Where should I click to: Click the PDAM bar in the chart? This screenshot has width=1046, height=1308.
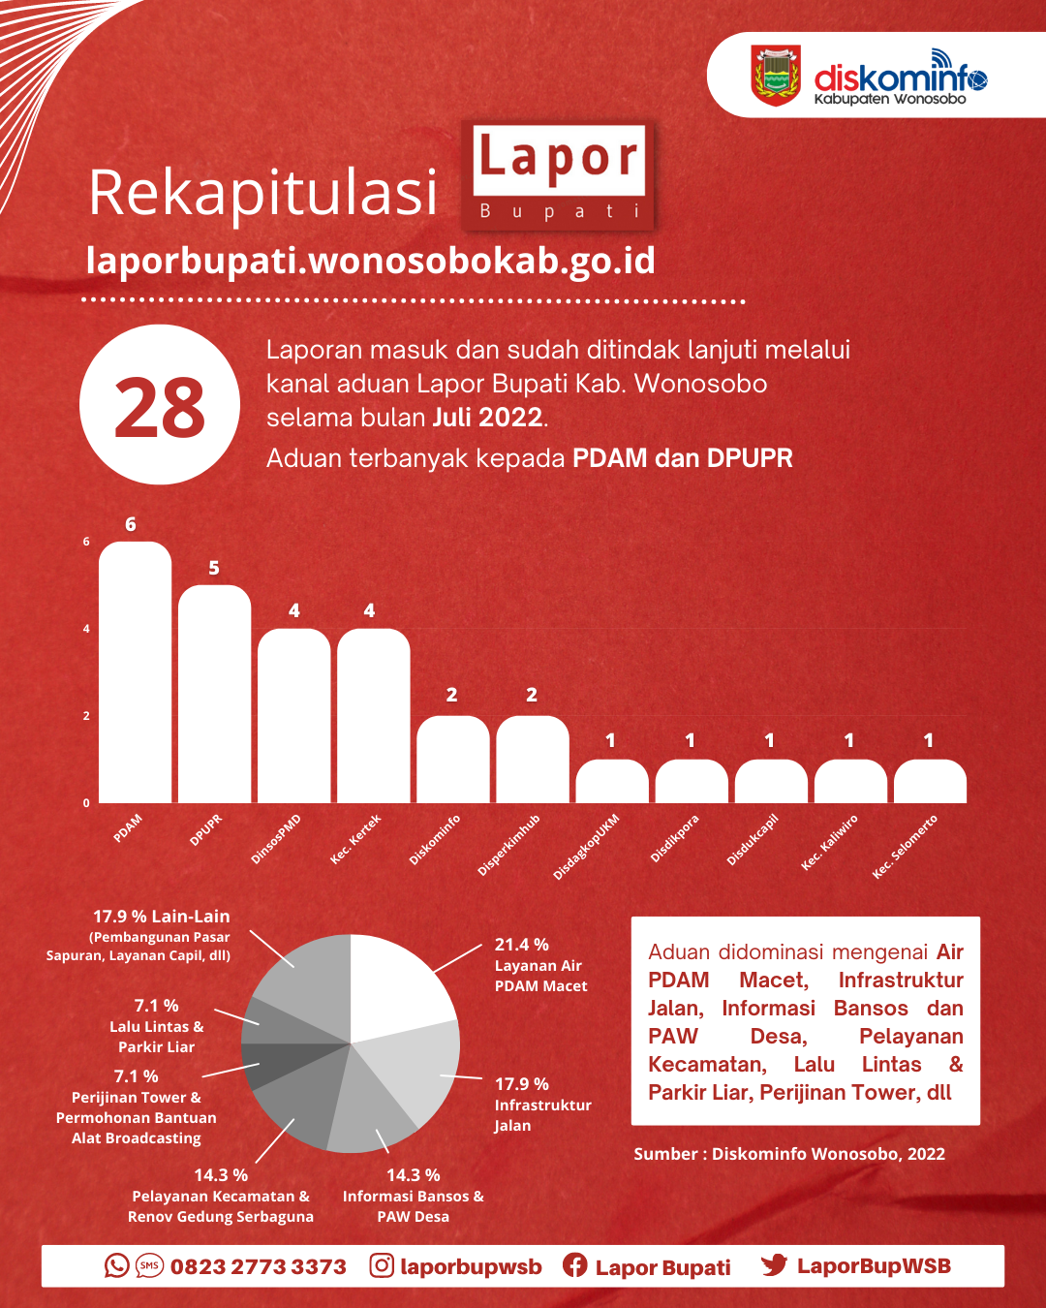click(x=135, y=672)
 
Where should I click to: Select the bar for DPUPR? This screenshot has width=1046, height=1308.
click(x=215, y=694)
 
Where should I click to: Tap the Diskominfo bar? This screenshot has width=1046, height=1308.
click(x=453, y=760)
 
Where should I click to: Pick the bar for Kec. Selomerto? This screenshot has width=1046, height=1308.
click(x=930, y=782)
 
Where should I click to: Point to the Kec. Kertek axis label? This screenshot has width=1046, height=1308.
click(x=355, y=839)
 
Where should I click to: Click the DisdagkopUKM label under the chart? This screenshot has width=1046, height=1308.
click(x=586, y=847)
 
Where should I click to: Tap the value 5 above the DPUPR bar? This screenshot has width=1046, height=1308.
click(x=214, y=569)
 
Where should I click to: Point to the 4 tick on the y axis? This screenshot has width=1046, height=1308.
click(x=86, y=629)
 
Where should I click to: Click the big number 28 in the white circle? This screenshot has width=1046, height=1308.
click(x=160, y=406)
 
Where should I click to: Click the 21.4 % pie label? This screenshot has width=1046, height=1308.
click(x=521, y=945)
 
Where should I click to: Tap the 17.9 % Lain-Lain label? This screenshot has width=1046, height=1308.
click(x=161, y=917)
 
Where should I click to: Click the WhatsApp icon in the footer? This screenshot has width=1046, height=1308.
click(x=116, y=1265)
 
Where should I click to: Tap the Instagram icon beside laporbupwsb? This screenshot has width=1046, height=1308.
click(x=382, y=1265)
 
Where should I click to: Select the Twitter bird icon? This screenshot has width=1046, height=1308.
click(x=774, y=1265)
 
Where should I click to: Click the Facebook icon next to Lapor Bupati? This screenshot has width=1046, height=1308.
click(x=574, y=1265)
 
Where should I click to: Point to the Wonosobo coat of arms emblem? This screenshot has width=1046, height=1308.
click(x=776, y=75)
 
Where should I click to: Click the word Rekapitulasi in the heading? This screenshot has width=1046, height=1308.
click(x=262, y=194)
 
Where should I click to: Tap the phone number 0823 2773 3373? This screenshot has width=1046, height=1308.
click(x=259, y=1266)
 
